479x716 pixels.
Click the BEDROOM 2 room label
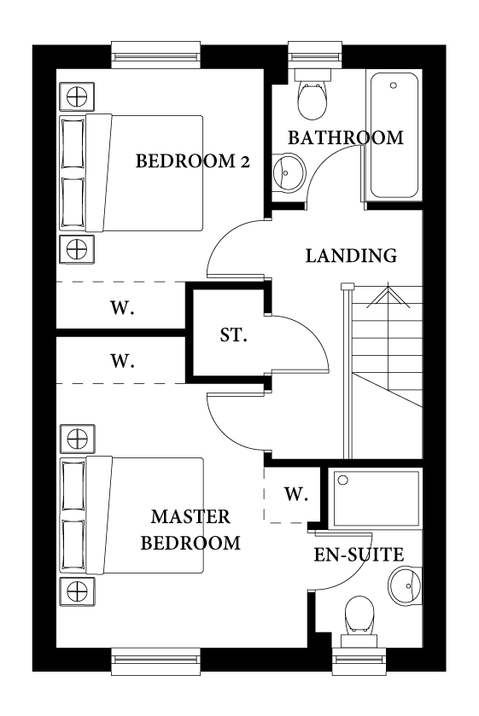192,160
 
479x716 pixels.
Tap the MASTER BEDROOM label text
190,529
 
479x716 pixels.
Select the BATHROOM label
345,137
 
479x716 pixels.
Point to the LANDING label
351,255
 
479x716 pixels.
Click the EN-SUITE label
359,555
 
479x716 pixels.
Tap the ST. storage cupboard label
233,335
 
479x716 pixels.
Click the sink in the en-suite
405,585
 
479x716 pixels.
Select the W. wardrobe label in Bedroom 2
122,309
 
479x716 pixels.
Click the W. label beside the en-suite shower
295,494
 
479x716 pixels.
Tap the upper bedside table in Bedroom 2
76,96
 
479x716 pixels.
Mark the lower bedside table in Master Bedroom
76,591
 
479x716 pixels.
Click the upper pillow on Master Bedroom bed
73,486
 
